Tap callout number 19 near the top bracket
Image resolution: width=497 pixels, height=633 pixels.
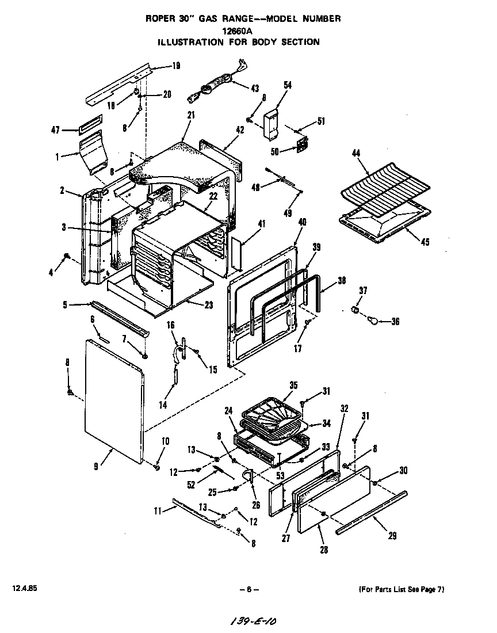176,66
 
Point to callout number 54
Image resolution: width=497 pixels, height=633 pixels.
288,85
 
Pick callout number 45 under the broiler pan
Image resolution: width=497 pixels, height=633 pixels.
425,242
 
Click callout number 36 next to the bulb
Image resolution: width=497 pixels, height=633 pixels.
395,322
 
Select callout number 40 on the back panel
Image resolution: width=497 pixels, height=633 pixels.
302,222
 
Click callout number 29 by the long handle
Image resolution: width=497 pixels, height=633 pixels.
392,536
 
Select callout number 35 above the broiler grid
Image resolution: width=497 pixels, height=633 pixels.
293,385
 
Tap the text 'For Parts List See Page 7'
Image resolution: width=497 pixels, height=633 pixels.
402,589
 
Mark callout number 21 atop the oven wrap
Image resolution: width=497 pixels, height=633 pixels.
191,115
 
